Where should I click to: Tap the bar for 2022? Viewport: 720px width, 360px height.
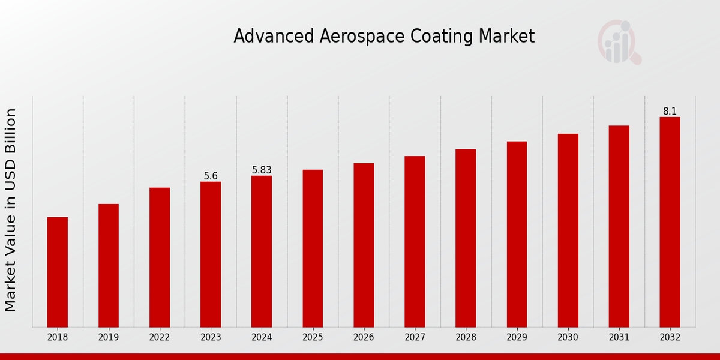coord(160,257)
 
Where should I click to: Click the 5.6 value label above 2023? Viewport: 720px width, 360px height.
coord(211,176)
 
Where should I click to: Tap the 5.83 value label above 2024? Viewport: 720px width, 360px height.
coord(262,170)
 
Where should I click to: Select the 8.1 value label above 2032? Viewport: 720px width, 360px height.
coord(670,111)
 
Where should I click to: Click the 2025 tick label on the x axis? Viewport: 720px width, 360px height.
coord(313,337)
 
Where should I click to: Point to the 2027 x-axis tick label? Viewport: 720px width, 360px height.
coord(415,337)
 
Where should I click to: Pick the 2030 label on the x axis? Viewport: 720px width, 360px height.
coord(568,337)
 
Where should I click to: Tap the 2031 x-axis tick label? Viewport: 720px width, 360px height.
coord(619,337)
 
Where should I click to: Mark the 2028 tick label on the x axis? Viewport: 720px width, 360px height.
coord(466,337)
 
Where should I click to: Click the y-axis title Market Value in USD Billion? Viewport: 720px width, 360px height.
coord(11,210)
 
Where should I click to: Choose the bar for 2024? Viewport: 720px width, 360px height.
coord(262,251)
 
